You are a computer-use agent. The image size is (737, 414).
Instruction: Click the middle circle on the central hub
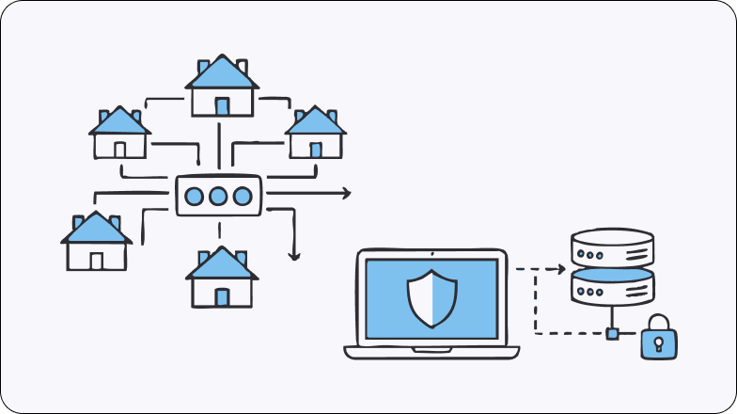218,197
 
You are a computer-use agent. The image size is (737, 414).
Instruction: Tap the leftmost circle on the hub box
195,197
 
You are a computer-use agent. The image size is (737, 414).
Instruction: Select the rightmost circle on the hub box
243,197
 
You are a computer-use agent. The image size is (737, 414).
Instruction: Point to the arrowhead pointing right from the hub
346,193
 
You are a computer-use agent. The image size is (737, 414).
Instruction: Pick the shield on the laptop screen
431,298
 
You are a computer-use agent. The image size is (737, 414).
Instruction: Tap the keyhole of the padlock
659,344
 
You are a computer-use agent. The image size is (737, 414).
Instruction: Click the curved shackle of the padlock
659,323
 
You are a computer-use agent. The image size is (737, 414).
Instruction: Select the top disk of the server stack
612,247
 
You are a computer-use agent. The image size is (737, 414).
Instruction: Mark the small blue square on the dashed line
612,333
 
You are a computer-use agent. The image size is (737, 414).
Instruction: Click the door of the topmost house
222,106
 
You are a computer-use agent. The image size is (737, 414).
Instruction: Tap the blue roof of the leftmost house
95,229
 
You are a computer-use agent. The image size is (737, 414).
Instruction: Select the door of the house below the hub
222,297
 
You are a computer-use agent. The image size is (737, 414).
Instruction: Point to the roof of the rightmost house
315,120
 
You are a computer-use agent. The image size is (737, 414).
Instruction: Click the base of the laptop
431,352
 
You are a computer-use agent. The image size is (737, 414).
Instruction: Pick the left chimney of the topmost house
203,67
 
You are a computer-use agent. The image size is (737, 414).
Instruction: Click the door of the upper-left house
119,149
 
